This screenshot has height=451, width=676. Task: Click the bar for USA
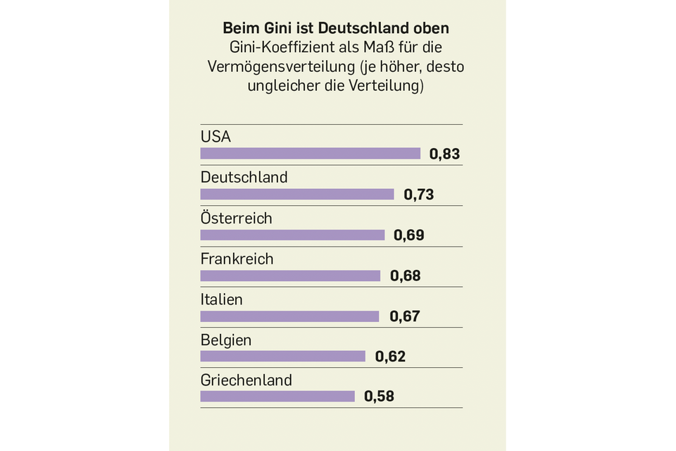[310, 154]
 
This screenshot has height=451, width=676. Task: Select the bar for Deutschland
[297, 194]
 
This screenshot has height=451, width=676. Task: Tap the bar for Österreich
[292, 235]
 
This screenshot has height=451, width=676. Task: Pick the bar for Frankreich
[290, 276]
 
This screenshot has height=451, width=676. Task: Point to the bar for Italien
[289, 316]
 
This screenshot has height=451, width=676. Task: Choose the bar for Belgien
[282, 357]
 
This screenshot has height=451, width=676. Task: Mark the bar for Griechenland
[277, 397]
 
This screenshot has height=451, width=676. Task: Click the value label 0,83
[444, 154]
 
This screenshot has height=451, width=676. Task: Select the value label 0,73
[418, 194]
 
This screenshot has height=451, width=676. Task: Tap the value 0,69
[409, 235]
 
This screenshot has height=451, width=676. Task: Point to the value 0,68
[405, 276]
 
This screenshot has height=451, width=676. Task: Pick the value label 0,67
[404, 316]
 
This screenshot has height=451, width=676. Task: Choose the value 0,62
[390, 357]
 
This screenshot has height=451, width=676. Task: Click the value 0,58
[379, 397]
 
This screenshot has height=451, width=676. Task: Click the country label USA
[215, 137]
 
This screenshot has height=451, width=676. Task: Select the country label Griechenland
[246, 381]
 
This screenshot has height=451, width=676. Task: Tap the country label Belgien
[225, 340]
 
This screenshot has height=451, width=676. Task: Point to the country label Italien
[221, 299]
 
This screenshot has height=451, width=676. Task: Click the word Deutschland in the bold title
[363, 29]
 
